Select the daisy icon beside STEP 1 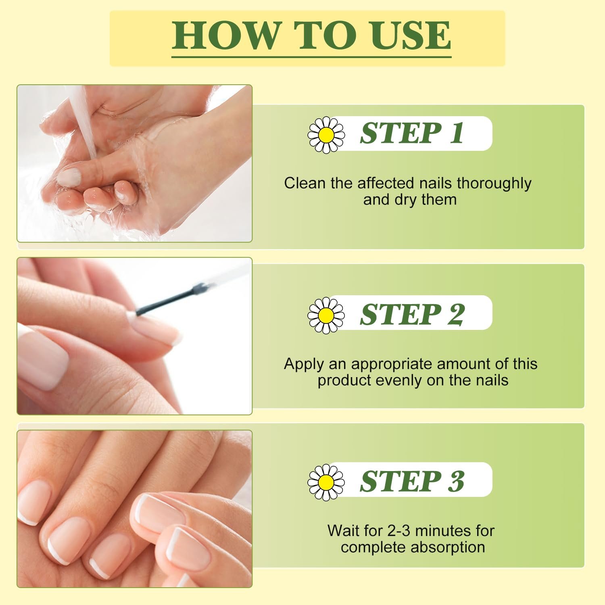coord(326,135)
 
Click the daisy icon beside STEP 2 coord(326,315)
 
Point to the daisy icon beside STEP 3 coord(326,482)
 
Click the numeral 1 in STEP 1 coord(457,133)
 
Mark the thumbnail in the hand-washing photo coord(69,177)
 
